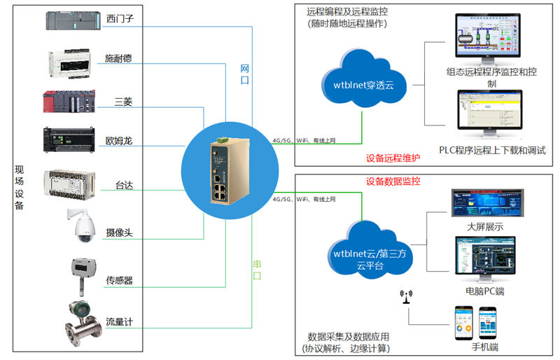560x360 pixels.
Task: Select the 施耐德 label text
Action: point(118,58)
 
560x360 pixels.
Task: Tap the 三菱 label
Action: point(123,103)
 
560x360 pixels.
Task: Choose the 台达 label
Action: point(125,186)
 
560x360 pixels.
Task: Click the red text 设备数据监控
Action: point(393,181)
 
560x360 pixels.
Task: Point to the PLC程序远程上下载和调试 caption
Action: point(492,150)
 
